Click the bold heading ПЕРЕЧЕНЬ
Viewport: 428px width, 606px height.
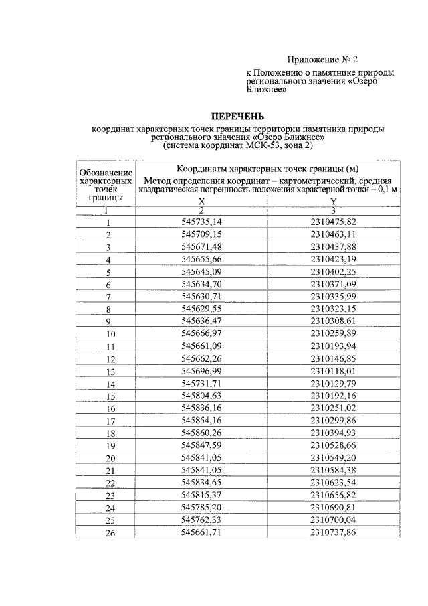point(239,116)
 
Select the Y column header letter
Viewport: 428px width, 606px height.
point(333,201)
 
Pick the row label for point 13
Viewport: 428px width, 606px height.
point(110,372)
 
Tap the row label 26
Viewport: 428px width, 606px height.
point(110,533)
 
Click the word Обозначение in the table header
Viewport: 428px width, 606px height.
point(105,173)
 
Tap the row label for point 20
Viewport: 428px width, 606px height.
point(110,459)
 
